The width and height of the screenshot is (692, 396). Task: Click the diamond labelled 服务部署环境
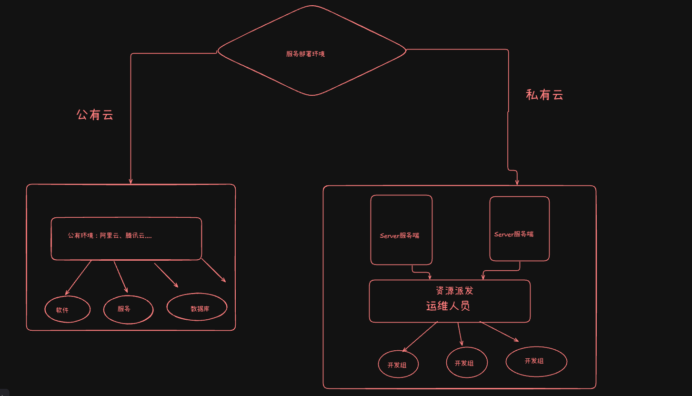coord(312,51)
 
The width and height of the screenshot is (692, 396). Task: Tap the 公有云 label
coord(95,115)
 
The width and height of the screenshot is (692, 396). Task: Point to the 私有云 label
coord(544,95)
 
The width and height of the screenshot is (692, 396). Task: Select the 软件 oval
coord(67,310)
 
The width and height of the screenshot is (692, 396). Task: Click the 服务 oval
coord(128,309)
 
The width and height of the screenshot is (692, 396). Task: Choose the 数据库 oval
coord(197,307)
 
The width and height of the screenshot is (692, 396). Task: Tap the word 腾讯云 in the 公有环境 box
coord(135,235)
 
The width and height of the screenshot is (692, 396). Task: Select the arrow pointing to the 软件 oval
coord(78,277)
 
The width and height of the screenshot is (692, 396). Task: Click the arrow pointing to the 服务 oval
coord(121,276)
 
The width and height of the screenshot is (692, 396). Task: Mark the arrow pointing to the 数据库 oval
coord(166,275)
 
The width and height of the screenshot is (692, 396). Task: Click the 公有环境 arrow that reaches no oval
coord(213,270)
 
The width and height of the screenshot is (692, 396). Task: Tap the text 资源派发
coord(454,291)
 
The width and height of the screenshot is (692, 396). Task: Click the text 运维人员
coord(448,306)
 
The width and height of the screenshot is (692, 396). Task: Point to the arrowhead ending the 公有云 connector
coord(130,181)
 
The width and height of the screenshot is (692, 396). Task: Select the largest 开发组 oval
coord(536,362)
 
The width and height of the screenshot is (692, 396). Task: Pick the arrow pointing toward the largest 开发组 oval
coord(499,332)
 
